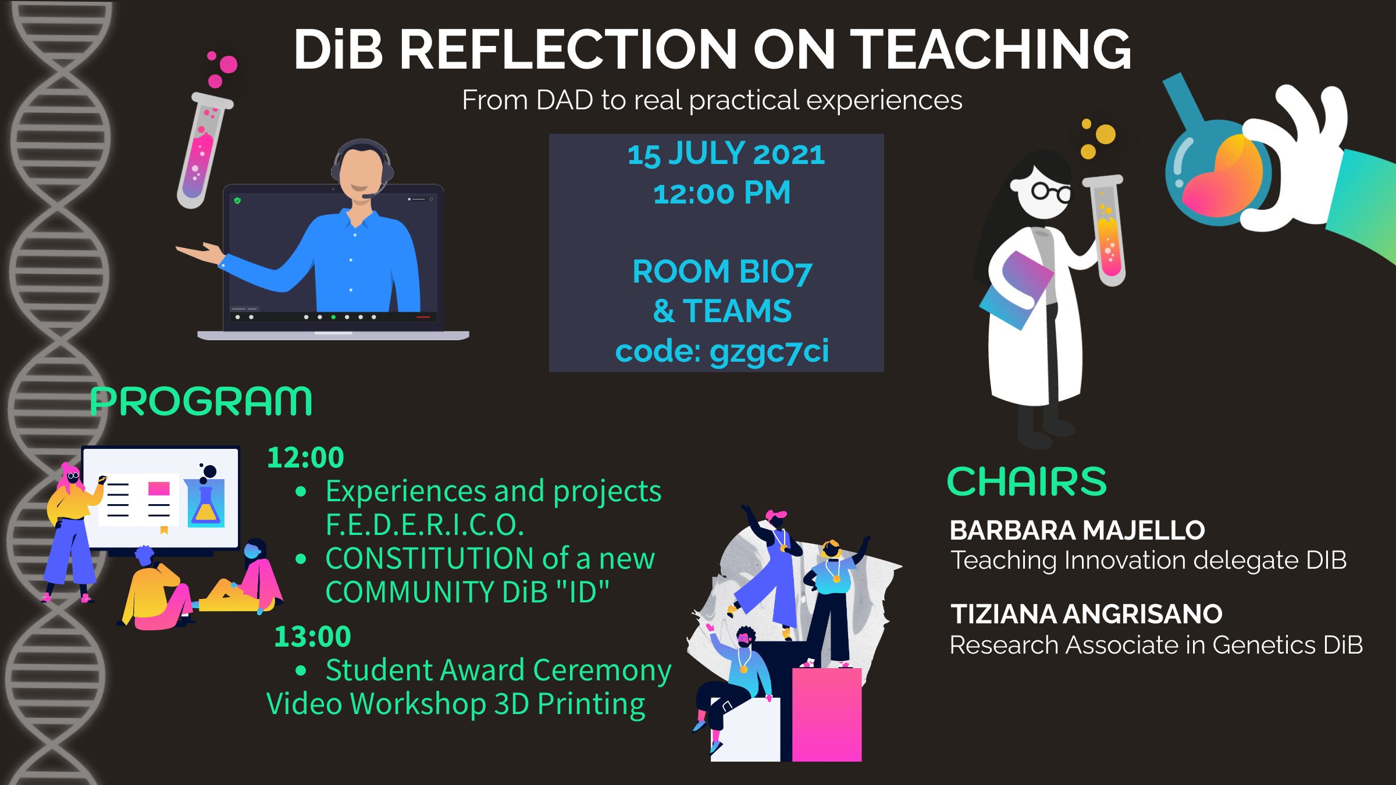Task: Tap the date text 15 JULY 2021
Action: point(726,154)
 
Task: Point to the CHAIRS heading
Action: point(1027,481)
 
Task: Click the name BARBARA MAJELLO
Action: point(1077,530)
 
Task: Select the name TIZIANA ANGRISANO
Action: point(1086,614)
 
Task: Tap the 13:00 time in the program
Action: point(312,636)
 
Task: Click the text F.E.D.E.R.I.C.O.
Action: point(425,524)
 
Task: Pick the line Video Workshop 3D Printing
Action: point(455,704)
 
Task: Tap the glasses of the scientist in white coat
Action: point(1050,191)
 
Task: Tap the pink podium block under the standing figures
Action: point(827,715)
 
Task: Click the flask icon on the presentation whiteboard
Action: point(206,503)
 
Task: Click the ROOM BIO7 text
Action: point(722,272)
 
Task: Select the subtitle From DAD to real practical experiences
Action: point(712,100)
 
